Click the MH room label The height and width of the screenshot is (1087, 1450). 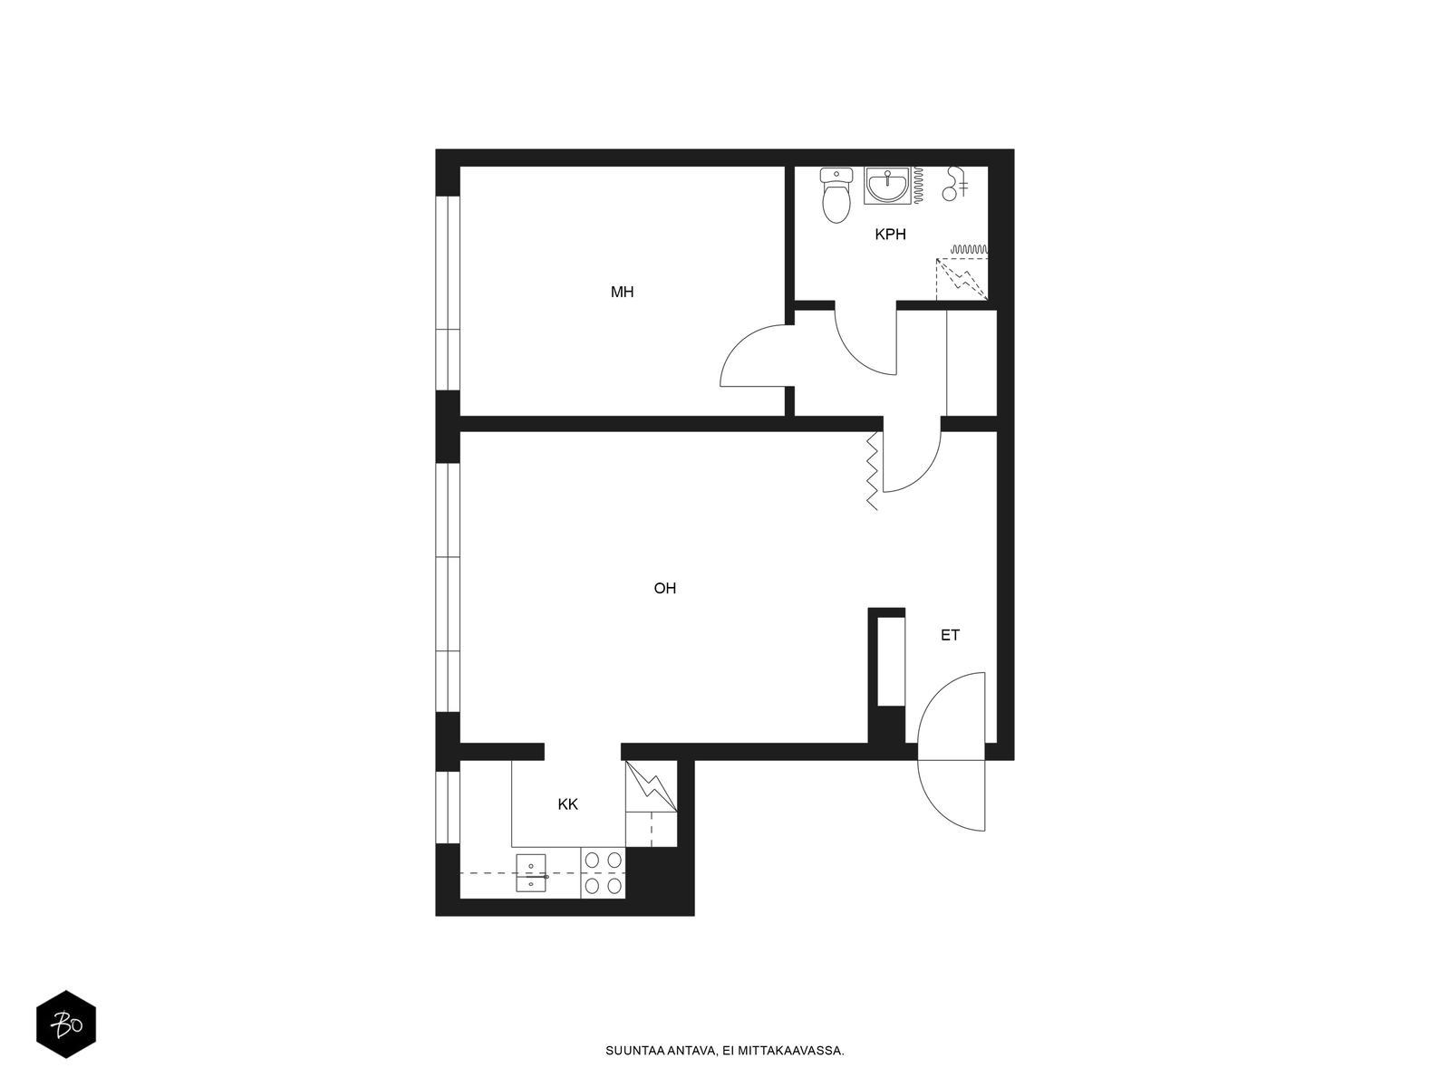coord(622,292)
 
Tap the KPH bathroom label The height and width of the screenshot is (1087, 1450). coord(890,235)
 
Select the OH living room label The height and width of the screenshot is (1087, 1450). coord(664,588)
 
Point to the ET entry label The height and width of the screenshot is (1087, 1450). coord(950,635)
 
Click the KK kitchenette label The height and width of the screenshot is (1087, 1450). coord(567,803)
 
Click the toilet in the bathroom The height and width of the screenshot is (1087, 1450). coord(836,195)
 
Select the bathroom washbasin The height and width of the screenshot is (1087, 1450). coord(887,186)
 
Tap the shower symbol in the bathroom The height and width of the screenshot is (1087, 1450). coord(955,183)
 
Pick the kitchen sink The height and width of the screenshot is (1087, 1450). coord(531,872)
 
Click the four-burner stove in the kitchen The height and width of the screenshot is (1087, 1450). coord(603,871)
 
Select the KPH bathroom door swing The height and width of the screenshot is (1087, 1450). coord(865,339)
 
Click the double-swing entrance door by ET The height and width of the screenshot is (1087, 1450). coord(952,751)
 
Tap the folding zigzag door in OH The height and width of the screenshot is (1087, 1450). coord(874,470)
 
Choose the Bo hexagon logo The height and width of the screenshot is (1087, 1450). coord(66,1024)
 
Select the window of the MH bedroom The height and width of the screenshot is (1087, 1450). coord(447,293)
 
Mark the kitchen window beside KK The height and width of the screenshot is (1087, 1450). coord(447,807)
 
